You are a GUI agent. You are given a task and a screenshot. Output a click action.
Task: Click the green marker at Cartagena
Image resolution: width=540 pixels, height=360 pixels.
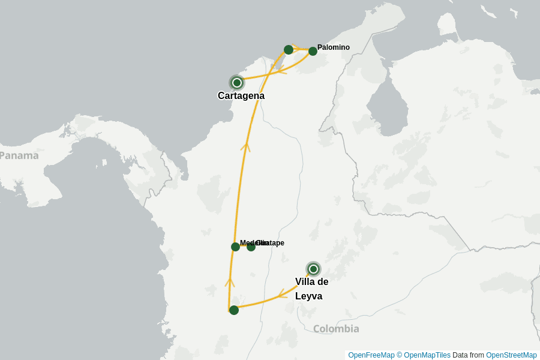tap(237, 82)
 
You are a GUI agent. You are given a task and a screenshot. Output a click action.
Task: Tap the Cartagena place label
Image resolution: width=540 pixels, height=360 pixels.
tap(241, 96)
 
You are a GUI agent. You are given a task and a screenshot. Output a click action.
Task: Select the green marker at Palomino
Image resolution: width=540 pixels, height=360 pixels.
tap(313, 51)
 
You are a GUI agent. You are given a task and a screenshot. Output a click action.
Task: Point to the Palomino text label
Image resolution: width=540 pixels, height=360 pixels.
tap(334, 47)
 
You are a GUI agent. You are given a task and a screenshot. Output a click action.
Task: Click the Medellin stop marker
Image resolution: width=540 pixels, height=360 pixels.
tap(235, 247)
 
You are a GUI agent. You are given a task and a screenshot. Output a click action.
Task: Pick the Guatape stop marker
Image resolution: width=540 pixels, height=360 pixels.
tap(251, 247)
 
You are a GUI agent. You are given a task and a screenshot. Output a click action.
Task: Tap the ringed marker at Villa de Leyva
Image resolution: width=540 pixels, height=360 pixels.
tap(313, 269)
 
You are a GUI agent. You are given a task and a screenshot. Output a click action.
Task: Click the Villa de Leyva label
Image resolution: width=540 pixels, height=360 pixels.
tap(311, 289)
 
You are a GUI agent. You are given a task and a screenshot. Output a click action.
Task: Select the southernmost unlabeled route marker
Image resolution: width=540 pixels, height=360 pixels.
tap(234, 310)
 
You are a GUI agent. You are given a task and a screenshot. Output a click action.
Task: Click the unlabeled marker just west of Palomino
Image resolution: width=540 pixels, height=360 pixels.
tap(289, 49)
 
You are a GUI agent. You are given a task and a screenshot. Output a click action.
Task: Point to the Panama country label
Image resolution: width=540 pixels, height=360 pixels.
tap(19, 155)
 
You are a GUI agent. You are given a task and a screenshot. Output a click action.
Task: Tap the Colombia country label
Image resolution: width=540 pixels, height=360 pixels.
tap(336, 329)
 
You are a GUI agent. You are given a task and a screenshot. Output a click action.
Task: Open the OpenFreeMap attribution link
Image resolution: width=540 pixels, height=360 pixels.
tap(371, 355)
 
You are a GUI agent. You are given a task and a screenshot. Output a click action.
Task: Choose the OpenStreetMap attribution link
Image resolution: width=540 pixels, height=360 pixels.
tap(511, 355)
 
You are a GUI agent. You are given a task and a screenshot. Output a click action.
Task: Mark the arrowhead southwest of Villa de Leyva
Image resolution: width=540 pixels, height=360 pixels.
tap(283, 294)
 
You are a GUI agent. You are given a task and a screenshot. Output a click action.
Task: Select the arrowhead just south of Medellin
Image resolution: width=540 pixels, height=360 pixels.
tap(230, 282)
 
